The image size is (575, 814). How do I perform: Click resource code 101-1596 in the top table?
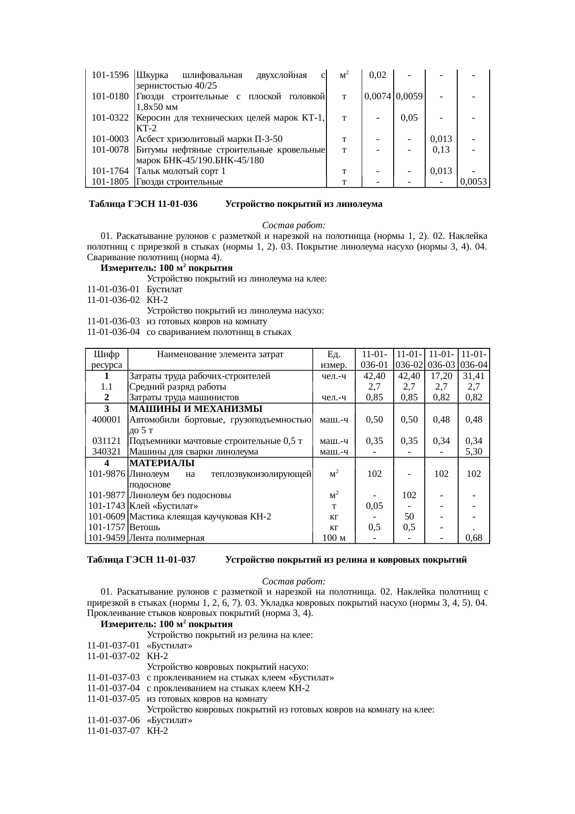(x=110, y=75)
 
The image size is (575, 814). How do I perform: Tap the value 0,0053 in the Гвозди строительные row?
(x=473, y=182)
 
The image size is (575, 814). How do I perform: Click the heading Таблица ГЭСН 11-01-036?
(x=143, y=204)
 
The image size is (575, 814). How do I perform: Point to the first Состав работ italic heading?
(x=294, y=225)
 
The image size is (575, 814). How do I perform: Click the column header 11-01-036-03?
(x=441, y=360)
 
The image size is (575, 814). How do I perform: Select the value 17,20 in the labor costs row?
(x=441, y=376)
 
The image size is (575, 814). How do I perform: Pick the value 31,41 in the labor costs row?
(x=473, y=376)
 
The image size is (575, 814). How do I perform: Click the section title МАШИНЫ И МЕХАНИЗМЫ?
(x=195, y=409)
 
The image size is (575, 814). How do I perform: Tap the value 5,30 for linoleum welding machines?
(x=473, y=451)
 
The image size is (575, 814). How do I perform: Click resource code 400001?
(x=107, y=419)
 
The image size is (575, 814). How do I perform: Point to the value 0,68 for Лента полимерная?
(x=473, y=538)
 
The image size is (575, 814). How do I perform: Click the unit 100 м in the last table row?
(x=333, y=538)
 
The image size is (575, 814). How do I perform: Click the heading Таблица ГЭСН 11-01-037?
(x=141, y=560)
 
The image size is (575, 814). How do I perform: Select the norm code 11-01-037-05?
(x=113, y=699)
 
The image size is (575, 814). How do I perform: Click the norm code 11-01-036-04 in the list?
(x=113, y=332)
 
